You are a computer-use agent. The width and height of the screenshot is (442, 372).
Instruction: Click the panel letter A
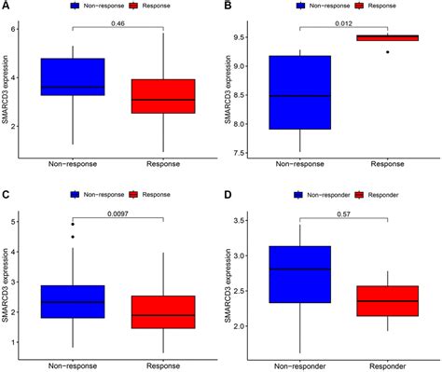(6, 7)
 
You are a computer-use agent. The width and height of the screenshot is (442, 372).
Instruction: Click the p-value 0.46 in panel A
(118, 21)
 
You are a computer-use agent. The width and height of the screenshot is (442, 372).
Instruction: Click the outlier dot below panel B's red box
(388, 52)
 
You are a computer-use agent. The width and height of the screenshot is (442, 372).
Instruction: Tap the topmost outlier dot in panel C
(73, 225)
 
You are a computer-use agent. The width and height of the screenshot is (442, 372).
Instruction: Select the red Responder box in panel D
(388, 300)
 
